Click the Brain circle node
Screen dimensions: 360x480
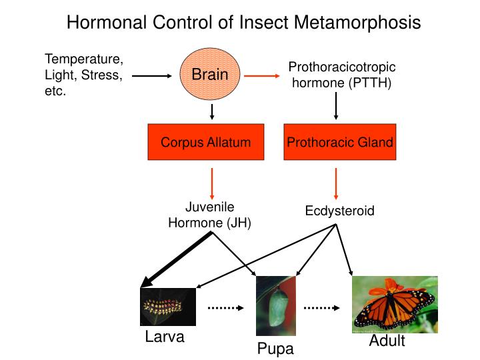[x=210, y=75]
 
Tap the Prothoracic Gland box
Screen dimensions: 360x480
[x=339, y=142]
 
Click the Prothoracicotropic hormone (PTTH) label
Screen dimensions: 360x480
[x=341, y=75]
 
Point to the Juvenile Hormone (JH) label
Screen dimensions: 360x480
[x=209, y=215]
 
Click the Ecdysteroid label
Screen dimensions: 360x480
[x=339, y=211]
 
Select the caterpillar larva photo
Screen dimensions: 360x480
[x=168, y=307]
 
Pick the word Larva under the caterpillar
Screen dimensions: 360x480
[x=164, y=337]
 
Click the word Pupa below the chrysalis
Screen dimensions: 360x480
[x=275, y=349]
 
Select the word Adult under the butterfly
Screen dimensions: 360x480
[x=387, y=342]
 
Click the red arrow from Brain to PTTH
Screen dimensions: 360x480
[x=261, y=76]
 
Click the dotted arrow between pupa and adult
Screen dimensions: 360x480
[x=323, y=308]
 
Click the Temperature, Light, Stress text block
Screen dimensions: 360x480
[x=83, y=75]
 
